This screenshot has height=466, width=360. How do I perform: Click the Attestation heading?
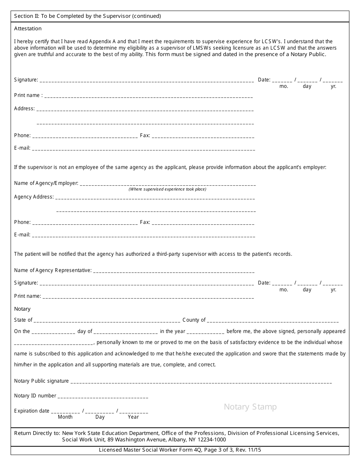(x=28, y=28)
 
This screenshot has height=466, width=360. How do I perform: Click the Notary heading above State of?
(x=22, y=309)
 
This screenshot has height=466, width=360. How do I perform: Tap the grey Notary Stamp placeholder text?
(x=250, y=407)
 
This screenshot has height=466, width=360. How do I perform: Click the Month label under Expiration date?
(x=65, y=417)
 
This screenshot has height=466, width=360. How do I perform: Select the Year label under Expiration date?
(x=133, y=417)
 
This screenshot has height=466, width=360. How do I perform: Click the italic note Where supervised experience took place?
(x=167, y=189)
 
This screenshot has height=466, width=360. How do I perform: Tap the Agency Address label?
(x=34, y=197)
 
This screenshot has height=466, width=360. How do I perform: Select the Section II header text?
(x=88, y=16)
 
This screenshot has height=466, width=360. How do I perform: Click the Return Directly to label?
(x=37, y=433)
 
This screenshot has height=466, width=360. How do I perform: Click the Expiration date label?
(x=32, y=411)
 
